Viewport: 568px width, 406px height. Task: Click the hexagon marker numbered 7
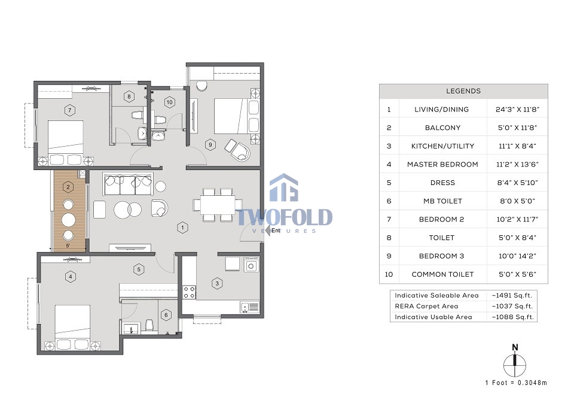(69, 110)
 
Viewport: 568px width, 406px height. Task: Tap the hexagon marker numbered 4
(71, 277)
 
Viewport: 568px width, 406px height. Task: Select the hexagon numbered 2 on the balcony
(68, 187)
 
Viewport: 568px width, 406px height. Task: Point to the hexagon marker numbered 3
(217, 284)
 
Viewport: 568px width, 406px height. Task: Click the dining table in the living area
(218, 205)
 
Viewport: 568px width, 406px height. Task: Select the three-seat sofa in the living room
(128, 184)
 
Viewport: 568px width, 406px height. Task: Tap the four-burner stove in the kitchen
(189, 292)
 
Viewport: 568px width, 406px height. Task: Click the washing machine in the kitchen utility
(251, 265)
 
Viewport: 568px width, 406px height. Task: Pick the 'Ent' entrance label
(276, 231)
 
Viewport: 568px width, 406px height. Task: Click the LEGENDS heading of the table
(463, 91)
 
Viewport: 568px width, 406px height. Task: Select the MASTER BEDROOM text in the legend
(442, 164)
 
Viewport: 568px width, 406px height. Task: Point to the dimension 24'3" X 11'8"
(517, 109)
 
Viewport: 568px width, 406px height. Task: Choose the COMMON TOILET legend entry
(442, 274)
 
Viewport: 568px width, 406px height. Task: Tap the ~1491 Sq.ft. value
(512, 295)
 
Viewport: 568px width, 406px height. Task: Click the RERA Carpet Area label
(426, 306)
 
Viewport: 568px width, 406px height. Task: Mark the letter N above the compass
(515, 347)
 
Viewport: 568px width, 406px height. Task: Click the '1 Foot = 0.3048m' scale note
(516, 383)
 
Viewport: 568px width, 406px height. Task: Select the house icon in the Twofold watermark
(284, 187)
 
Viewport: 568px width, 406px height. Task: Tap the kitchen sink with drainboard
(250, 307)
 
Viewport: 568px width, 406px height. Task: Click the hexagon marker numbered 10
(170, 102)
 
